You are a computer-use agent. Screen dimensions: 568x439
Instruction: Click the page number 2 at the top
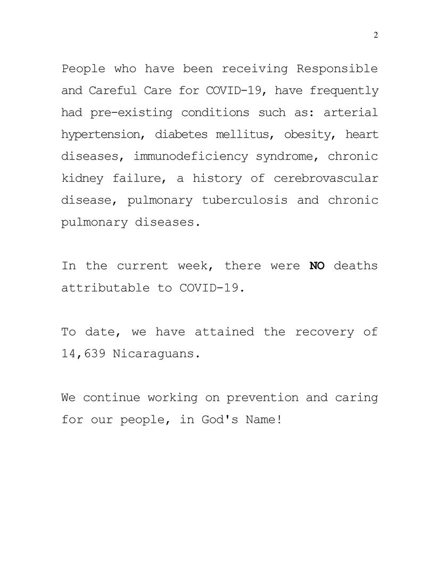click(376, 35)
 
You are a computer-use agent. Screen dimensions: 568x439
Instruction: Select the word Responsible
click(337, 69)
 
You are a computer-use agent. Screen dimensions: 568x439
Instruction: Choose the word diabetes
click(181, 135)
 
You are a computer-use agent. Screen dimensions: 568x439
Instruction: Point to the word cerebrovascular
click(326, 178)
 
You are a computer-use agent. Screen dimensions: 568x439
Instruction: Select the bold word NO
click(317, 265)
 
